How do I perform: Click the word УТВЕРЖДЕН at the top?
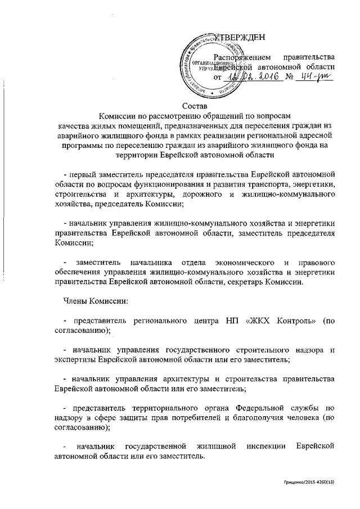point(228,38)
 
